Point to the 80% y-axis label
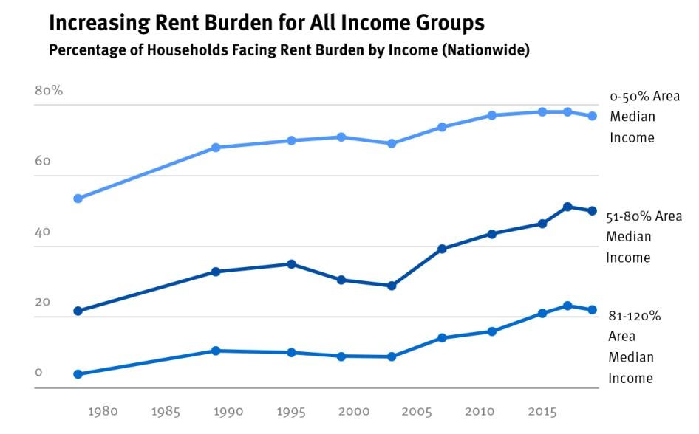point(49,91)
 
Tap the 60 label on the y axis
point(42,161)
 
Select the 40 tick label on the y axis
point(42,232)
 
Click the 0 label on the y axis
point(38,372)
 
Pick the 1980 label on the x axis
point(103,411)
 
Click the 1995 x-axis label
point(291,411)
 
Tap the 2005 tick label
point(417,411)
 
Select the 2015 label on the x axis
point(542,411)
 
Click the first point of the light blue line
point(78,199)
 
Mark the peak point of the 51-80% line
point(567,207)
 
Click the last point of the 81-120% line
point(592,310)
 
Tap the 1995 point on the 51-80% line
point(291,264)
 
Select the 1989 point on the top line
point(216,148)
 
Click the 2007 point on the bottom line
point(442,338)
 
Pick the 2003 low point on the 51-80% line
point(392,286)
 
